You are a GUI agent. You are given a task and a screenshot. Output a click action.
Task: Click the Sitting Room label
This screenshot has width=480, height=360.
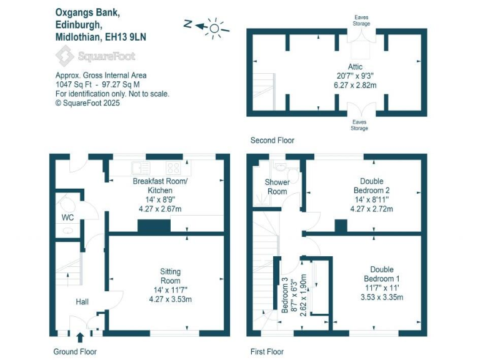pos(170,276)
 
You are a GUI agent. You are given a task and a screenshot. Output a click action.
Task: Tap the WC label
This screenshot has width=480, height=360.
pos(67,217)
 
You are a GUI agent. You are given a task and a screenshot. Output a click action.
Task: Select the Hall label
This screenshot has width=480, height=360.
pos(82,302)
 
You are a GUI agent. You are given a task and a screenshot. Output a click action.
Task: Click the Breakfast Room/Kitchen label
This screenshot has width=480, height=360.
pos(164,186)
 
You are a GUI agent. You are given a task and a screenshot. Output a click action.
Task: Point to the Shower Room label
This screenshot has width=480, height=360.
pos(277,187)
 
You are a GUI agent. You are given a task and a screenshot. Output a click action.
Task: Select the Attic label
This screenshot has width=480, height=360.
pos(355,67)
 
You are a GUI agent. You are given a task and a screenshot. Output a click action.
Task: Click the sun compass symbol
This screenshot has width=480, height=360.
pos(214,26)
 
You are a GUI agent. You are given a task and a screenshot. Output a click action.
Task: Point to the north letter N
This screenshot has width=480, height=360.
pos(187,24)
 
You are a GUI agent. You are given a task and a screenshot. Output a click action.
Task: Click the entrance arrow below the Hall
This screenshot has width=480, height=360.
pos(79,338)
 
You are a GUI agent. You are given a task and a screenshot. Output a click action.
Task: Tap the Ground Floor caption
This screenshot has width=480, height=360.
pos(75,352)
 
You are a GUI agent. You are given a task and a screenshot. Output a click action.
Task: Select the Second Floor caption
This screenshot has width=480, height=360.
pos(272,141)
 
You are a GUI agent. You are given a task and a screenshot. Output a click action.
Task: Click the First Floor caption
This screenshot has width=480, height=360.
pos(266,352)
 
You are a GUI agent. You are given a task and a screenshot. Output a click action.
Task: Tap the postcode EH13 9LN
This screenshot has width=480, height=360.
pos(126,37)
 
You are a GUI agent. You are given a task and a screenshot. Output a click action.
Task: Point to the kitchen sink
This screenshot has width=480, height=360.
pos(140,167)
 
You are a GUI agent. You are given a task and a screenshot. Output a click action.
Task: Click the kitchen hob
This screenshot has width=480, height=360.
pos(173,167)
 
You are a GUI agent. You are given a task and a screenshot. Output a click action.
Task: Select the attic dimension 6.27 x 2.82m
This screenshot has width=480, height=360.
pos(355,84)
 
